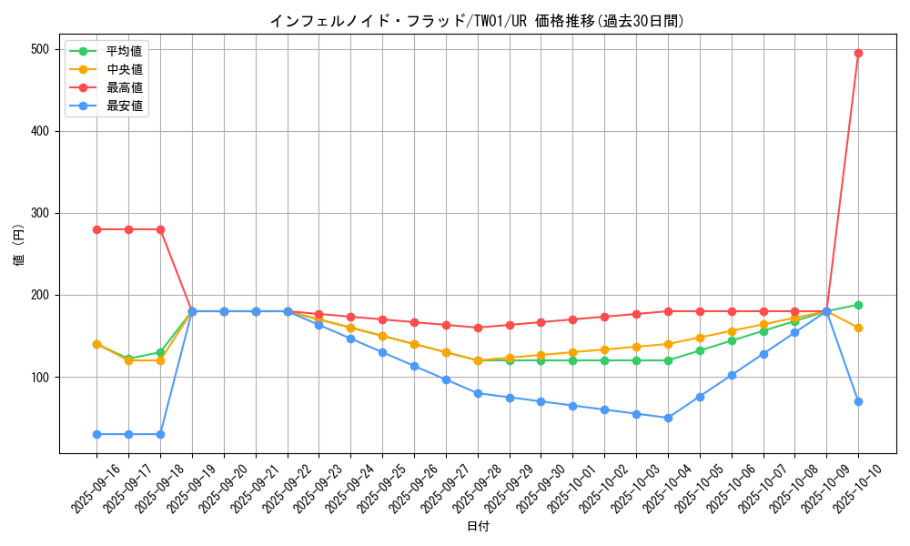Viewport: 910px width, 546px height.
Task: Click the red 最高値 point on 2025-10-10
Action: click(858, 53)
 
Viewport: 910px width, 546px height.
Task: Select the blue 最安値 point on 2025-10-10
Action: click(858, 401)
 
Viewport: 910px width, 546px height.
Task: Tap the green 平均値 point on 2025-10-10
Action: click(858, 305)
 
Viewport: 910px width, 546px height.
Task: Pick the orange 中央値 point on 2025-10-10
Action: click(858, 328)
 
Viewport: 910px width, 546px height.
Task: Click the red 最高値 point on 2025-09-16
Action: click(96, 229)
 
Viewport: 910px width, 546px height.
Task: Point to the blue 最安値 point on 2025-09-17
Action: click(128, 434)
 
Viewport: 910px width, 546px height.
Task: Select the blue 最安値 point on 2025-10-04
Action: click(668, 418)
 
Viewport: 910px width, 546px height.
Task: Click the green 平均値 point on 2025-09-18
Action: click(160, 352)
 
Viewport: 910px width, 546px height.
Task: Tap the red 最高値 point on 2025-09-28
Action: click(478, 328)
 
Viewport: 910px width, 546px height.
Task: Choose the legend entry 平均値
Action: click(124, 51)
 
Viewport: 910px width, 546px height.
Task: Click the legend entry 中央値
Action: click(124, 69)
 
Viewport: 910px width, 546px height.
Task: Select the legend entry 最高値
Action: click(124, 87)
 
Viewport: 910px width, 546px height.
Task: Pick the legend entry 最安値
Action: click(124, 106)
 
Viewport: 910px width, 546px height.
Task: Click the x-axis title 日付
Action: click(478, 526)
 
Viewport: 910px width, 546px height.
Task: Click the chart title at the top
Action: click(477, 21)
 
